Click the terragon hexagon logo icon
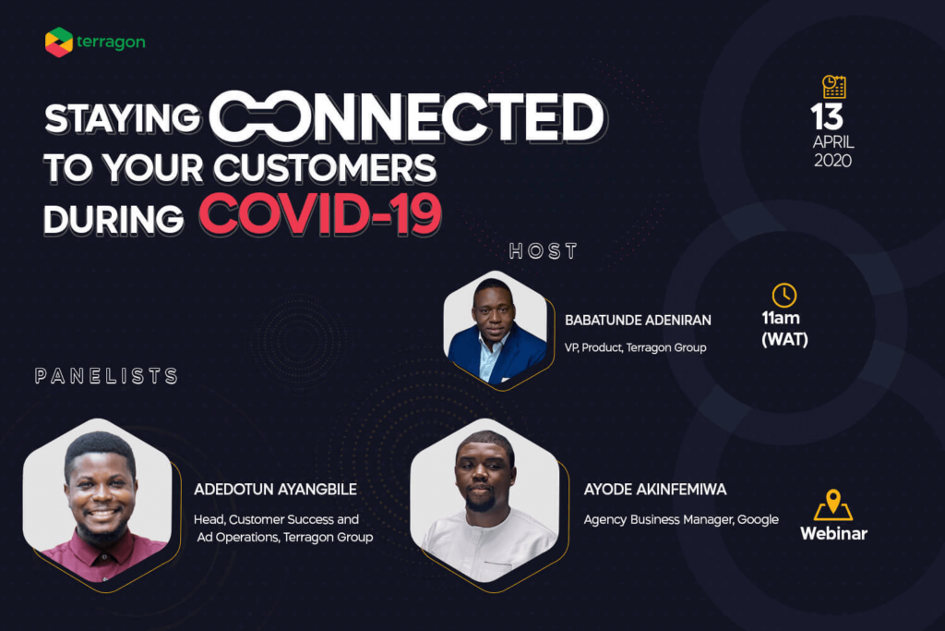coord(59,42)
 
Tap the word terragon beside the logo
coord(111,42)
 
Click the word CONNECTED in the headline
coord(408,117)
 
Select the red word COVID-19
coord(320,214)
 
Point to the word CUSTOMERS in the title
coord(325,168)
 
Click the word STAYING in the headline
coord(123,118)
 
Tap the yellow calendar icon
coord(834,87)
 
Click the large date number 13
coord(827,117)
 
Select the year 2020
coord(833,161)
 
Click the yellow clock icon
coord(784,296)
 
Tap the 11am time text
coord(781,318)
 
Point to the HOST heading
coord(544,251)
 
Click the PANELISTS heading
coord(107,376)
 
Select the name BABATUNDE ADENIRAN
coord(638,321)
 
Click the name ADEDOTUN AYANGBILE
coord(275,490)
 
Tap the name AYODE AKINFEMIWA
coord(655,490)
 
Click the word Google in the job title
coord(759,519)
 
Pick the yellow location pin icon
coord(833,504)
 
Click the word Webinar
coord(833,533)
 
